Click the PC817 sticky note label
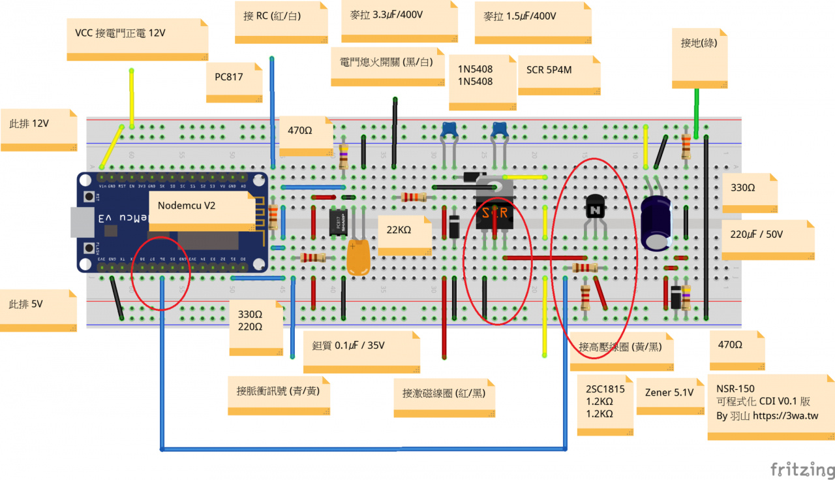pyautogui.click(x=229, y=77)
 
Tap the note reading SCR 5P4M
pyautogui.click(x=549, y=69)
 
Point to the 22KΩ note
pyautogui.click(x=399, y=230)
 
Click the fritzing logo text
pyautogui.click(x=802, y=470)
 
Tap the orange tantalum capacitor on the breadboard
pyautogui.click(x=358, y=257)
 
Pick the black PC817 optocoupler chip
pyautogui.click(x=336, y=223)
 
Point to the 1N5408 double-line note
pyautogui.click(x=475, y=75)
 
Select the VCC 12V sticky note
pyautogui.click(x=129, y=33)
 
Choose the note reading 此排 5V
pyautogui.click(x=25, y=304)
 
